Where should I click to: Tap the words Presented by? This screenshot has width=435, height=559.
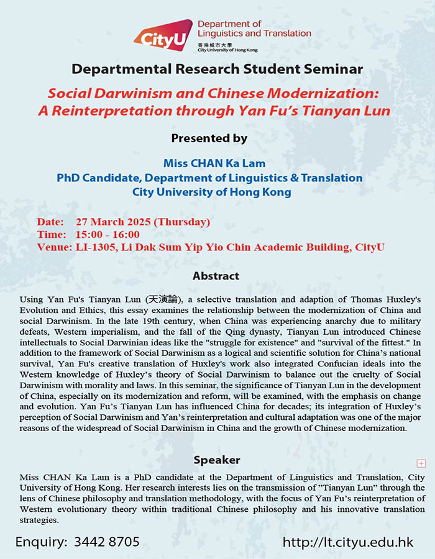[x=209, y=138]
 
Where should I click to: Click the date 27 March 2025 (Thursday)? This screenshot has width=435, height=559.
[x=143, y=222]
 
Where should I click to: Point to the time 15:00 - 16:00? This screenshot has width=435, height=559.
[x=108, y=234]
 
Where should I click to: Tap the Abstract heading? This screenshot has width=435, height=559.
[x=216, y=276]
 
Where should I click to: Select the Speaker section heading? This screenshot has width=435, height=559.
[x=216, y=460]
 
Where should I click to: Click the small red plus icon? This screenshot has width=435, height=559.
[x=421, y=463]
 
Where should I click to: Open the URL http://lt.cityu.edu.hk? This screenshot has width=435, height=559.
[x=348, y=542]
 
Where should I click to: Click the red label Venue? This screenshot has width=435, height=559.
[x=55, y=247]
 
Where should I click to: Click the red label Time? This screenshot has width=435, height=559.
[x=52, y=234]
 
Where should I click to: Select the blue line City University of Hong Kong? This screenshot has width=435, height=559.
[x=211, y=193]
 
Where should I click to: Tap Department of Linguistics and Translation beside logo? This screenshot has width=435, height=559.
[x=254, y=28]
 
